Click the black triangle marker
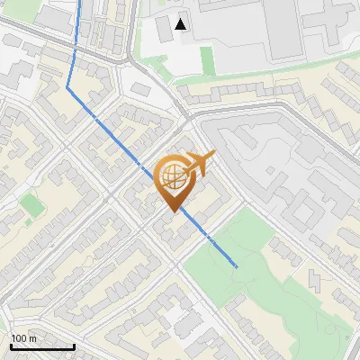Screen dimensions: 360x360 click(x=182, y=24)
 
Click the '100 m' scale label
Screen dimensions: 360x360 click(x=23, y=338)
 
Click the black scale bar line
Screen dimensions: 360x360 click(x=42, y=347)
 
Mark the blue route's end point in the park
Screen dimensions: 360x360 click(x=236, y=266)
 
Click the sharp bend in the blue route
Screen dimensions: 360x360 click(x=67, y=87)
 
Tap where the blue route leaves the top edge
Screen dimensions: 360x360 click(x=79, y=2)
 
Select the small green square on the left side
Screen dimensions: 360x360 click(x=33, y=205)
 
